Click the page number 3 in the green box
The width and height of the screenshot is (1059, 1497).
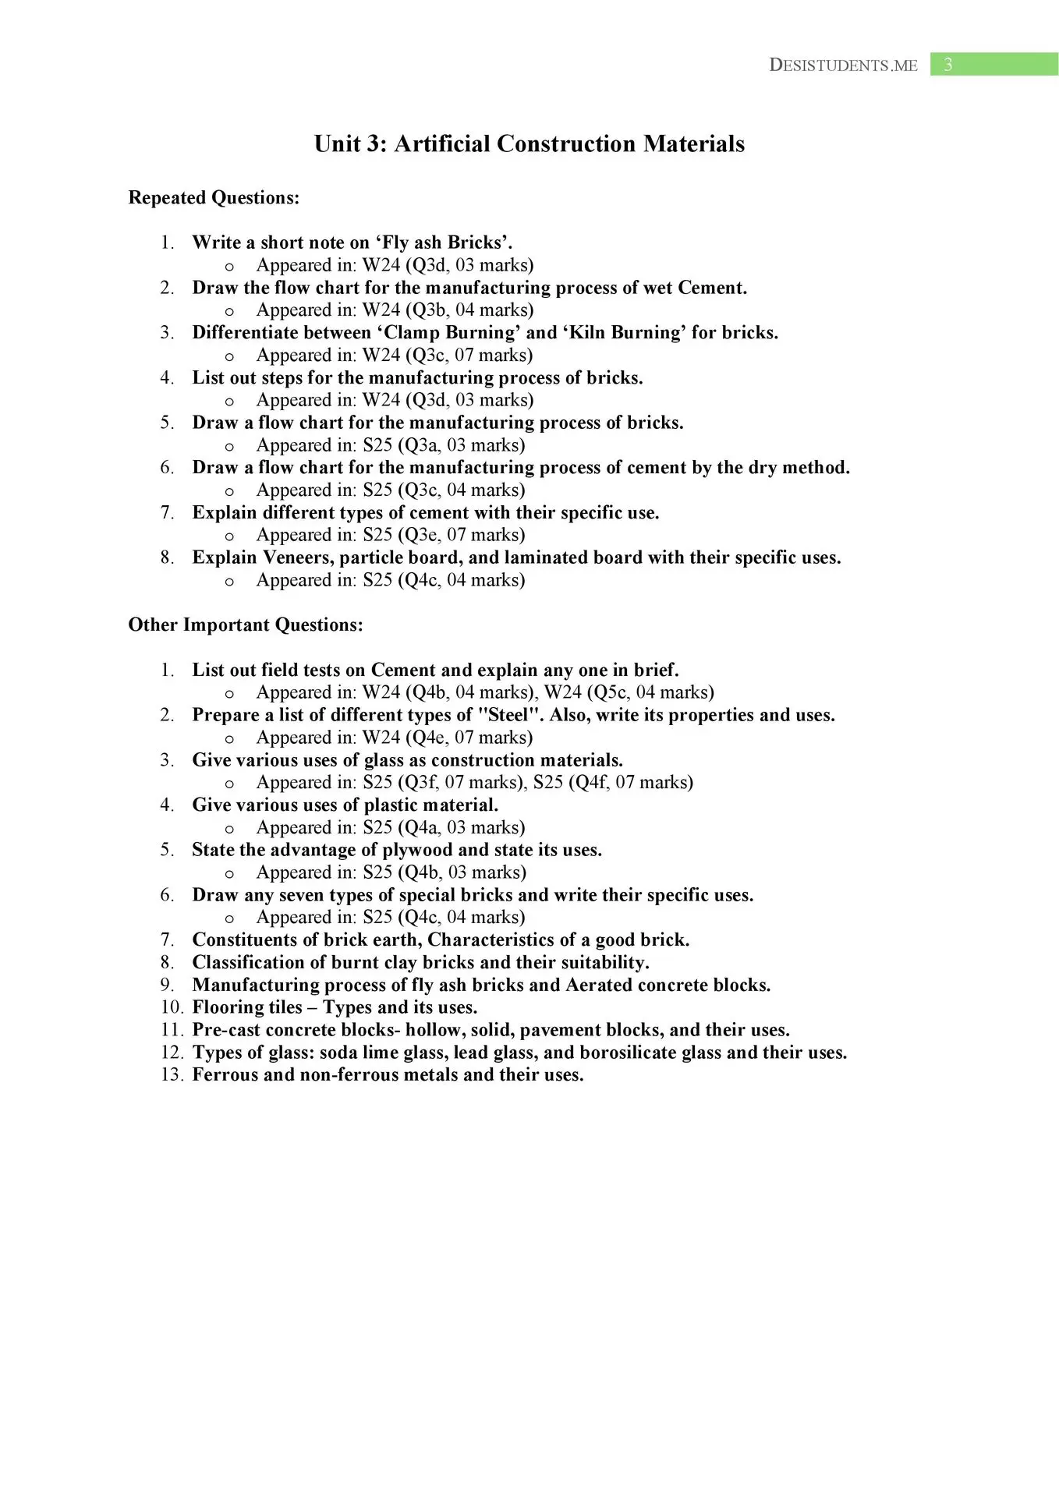coord(947,65)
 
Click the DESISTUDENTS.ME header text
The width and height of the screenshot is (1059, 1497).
coord(843,65)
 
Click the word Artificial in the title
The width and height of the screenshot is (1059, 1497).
coord(442,144)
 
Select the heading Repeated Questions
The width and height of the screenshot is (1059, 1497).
coord(214,198)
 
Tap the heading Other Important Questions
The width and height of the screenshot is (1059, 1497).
coord(246,625)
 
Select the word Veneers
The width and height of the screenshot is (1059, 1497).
coord(298,557)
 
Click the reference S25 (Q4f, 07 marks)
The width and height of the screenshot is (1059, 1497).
coord(613,782)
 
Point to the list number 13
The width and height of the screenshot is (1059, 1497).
coord(172,1075)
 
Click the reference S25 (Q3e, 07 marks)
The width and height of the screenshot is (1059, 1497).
coord(444,535)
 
